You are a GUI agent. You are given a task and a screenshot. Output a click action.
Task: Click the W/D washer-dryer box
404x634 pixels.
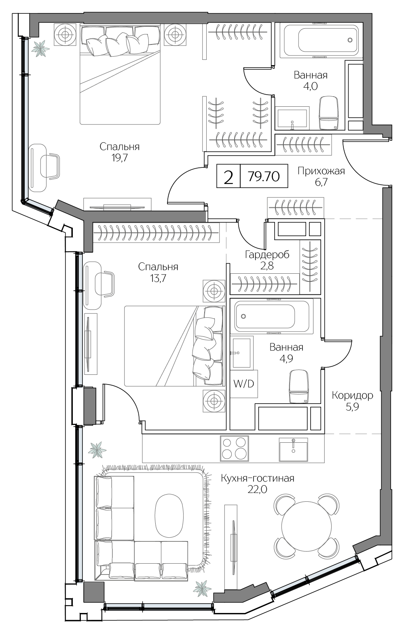(244, 383)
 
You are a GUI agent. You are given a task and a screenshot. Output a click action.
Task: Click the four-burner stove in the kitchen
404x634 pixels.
(234, 448)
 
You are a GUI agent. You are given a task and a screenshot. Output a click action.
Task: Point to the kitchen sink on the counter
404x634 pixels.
(293, 449)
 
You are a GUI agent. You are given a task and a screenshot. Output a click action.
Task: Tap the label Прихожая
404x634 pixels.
(321, 171)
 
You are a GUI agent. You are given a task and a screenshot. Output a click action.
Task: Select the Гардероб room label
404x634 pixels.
(267, 255)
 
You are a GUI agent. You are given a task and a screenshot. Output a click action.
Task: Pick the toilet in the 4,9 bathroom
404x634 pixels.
(299, 387)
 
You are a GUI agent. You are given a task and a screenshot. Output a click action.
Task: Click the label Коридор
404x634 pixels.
(352, 395)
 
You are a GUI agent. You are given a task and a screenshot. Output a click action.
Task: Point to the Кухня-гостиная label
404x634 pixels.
(257, 478)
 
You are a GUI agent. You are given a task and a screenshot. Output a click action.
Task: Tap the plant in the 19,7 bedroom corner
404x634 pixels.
(40, 49)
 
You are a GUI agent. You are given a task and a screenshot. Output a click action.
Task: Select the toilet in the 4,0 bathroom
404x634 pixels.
(328, 113)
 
